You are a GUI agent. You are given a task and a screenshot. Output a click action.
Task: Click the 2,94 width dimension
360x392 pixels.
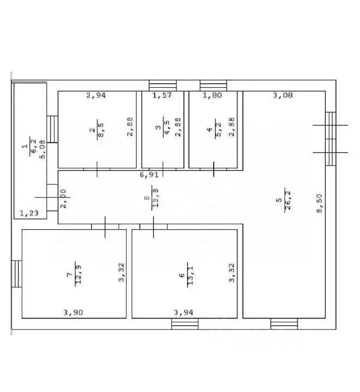click(96, 95)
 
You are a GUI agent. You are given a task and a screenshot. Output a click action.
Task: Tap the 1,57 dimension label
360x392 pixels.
click(162, 95)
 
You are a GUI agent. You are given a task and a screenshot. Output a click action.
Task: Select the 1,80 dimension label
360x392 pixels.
click(212, 95)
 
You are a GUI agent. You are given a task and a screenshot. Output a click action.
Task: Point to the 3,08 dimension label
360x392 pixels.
click(283, 95)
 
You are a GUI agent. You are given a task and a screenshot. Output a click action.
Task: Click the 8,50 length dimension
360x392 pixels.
click(320, 203)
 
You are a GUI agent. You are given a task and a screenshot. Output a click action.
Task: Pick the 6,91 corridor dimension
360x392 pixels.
click(149, 175)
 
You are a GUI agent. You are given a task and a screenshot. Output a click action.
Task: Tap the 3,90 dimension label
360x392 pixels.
click(73, 313)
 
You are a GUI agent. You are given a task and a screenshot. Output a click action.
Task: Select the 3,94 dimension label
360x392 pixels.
click(183, 313)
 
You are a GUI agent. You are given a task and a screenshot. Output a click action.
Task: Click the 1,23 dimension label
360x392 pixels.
click(29, 213)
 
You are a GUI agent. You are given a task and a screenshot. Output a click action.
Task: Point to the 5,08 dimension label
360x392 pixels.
click(43, 149)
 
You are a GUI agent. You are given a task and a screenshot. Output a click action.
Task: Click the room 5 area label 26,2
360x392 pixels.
click(288, 200)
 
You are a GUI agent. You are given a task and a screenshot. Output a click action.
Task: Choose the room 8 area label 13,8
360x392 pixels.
click(156, 198)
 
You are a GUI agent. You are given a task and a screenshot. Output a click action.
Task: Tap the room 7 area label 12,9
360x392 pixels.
click(78, 274)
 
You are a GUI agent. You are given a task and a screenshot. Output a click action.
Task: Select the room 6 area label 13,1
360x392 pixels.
click(190, 275)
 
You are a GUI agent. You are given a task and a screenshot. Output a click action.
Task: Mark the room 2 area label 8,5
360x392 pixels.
click(101, 130)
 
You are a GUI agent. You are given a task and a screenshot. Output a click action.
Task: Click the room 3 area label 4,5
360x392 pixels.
click(167, 127)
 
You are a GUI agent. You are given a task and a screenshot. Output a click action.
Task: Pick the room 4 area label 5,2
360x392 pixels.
click(218, 129)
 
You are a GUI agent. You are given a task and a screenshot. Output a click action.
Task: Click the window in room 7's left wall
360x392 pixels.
click(17, 274)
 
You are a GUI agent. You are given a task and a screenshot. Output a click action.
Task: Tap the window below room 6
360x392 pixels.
click(185, 324)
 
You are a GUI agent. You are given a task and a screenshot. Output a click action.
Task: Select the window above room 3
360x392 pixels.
click(163, 85)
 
